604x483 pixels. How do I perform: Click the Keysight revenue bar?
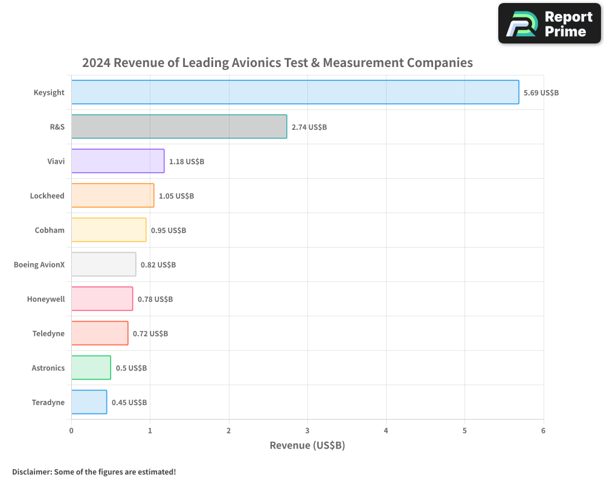pos(295,92)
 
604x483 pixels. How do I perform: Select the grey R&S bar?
pos(179,127)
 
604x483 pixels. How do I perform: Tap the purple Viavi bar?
pos(118,161)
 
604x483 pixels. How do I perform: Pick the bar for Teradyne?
pos(89,402)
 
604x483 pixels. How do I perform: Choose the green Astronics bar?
pos(91,368)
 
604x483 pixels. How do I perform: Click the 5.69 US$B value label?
pos(541,93)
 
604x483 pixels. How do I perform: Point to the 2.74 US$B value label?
pos(309,127)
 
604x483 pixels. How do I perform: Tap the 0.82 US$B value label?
pos(158,265)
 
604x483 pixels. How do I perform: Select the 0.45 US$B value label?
pos(129,403)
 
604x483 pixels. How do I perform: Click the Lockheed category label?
pos(47,196)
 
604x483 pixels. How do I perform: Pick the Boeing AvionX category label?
pos(39,264)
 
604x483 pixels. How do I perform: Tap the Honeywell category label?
pos(46,299)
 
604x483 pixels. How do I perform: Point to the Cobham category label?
pos(50,230)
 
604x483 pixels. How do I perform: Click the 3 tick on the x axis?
pos(307,430)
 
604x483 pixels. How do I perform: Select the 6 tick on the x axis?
pos(544,430)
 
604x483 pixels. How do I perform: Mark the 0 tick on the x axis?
pos(71,430)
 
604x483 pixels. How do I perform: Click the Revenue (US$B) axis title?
pos(307,446)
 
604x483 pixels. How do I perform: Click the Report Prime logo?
pos(549,24)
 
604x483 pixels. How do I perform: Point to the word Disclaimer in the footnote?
pos(31,472)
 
